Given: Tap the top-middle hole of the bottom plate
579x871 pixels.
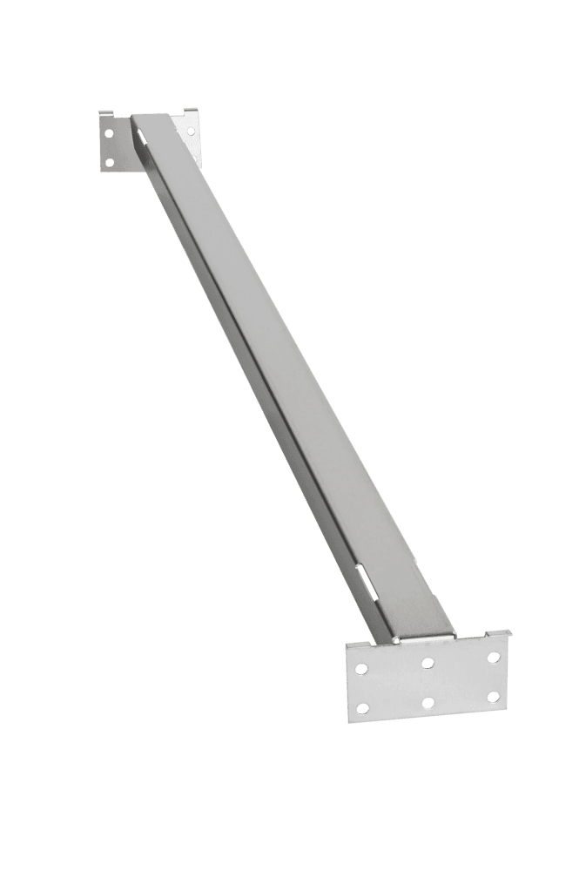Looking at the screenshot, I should [x=428, y=664].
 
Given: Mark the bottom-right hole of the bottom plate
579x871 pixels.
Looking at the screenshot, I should [x=493, y=696].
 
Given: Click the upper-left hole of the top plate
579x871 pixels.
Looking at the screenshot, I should [x=108, y=135].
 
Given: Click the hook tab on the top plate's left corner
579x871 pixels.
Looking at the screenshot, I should [x=103, y=113].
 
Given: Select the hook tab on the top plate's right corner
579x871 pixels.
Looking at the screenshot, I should [x=191, y=112].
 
